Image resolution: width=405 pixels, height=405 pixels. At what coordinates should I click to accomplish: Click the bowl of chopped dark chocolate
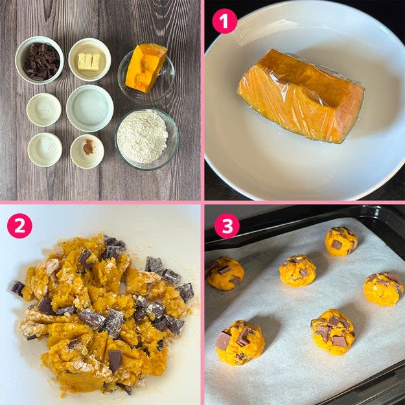(x=40, y=60)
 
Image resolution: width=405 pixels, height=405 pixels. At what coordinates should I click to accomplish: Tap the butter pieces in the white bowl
(x=89, y=62)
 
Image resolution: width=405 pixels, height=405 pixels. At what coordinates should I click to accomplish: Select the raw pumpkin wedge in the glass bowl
(x=146, y=67)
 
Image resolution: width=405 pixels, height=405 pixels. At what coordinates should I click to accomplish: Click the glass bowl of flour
(x=146, y=139)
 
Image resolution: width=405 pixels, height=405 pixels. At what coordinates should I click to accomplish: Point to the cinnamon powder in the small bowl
(x=89, y=146)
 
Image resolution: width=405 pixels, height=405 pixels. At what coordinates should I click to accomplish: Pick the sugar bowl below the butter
(x=90, y=108)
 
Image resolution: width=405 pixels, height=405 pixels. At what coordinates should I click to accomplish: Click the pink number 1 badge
(x=224, y=21)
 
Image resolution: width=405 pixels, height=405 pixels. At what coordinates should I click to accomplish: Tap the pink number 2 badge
(x=19, y=226)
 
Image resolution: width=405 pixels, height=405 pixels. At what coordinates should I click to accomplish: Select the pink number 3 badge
(x=227, y=226)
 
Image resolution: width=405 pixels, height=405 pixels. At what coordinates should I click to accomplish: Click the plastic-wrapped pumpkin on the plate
(x=301, y=95)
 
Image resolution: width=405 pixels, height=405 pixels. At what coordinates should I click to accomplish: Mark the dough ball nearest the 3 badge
(x=225, y=273)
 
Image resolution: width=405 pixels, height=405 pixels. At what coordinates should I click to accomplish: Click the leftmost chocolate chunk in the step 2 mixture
(x=18, y=288)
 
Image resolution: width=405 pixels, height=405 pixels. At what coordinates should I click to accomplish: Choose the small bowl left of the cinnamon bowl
(x=45, y=150)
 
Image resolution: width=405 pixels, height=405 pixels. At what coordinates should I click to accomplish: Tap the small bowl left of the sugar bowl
(x=44, y=110)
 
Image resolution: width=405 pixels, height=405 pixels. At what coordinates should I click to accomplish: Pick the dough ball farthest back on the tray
(x=341, y=242)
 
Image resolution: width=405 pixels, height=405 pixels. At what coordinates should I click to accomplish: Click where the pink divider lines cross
(x=202, y=202)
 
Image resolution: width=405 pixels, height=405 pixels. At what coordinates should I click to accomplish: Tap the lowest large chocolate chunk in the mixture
(x=115, y=360)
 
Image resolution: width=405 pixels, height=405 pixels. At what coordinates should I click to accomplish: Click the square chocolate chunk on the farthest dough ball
(x=336, y=244)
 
